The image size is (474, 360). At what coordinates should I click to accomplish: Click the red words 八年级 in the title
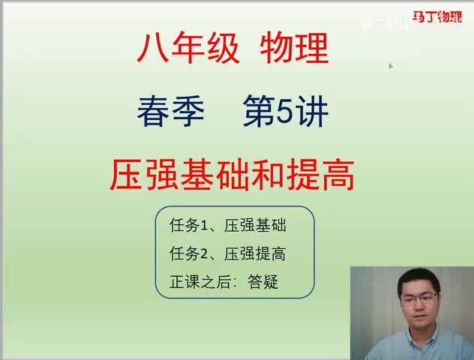(x=187, y=50)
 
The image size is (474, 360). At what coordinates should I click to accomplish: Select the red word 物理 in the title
(x=294, y=50)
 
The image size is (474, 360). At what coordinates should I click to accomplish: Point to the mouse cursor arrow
(x=391, y=65)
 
